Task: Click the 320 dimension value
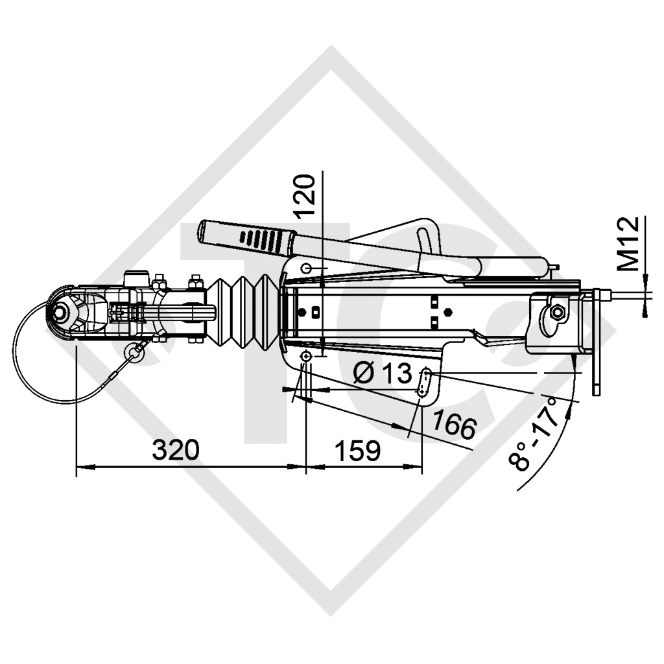click(175, 450)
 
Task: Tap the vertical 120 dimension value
click(305, 195)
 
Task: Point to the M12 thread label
click(628, 243)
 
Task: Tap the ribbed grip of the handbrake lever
click(259, 239)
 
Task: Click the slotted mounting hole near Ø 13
click(425, 383)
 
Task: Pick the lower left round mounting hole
click(305, 357)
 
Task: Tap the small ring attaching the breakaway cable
click(135, 351)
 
